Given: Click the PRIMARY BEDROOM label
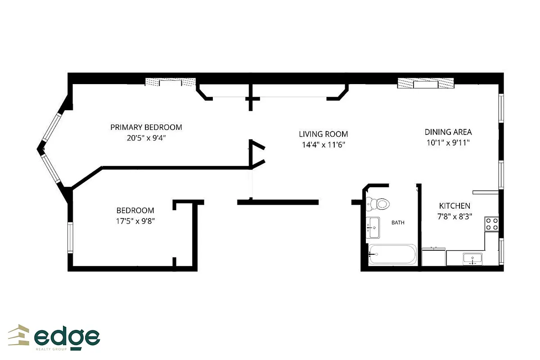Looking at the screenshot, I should tap(146, 127).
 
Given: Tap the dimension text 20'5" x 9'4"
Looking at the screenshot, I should tap(146, 138).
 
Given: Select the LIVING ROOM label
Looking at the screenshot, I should tap(324, 134).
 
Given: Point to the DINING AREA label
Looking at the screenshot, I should tap(448, 132).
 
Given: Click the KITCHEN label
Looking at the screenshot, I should tap(454, 206).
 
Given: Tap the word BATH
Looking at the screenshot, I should tap(398, 222).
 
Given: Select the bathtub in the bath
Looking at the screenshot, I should tap(392, 254).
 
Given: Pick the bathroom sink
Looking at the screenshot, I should tap(373, 228).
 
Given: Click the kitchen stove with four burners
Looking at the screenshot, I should tap(491, 224).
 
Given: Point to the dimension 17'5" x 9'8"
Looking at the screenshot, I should tap(135, 221).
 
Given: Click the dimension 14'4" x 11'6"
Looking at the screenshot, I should tap(324, 145).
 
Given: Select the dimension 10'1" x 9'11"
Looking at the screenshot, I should tap(448, 143).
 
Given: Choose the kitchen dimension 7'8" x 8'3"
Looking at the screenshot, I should tap(454, 216).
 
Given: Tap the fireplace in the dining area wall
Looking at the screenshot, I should tap(426, 84).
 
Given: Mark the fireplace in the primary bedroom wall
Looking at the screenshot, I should tap(170, 82).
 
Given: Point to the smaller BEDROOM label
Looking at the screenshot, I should tap(135, 210).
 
